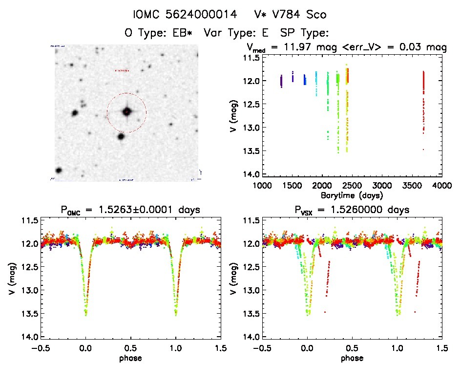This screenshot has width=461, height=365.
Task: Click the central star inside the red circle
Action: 126,112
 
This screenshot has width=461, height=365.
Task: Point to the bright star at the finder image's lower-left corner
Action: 59,171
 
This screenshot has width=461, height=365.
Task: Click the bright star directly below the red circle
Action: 121,136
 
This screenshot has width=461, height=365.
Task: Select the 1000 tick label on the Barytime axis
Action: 262,185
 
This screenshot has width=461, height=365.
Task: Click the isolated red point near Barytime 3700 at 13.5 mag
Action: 423,149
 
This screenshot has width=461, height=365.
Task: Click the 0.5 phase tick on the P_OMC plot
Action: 130,348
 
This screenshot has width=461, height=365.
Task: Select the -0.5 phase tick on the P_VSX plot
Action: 262,348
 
